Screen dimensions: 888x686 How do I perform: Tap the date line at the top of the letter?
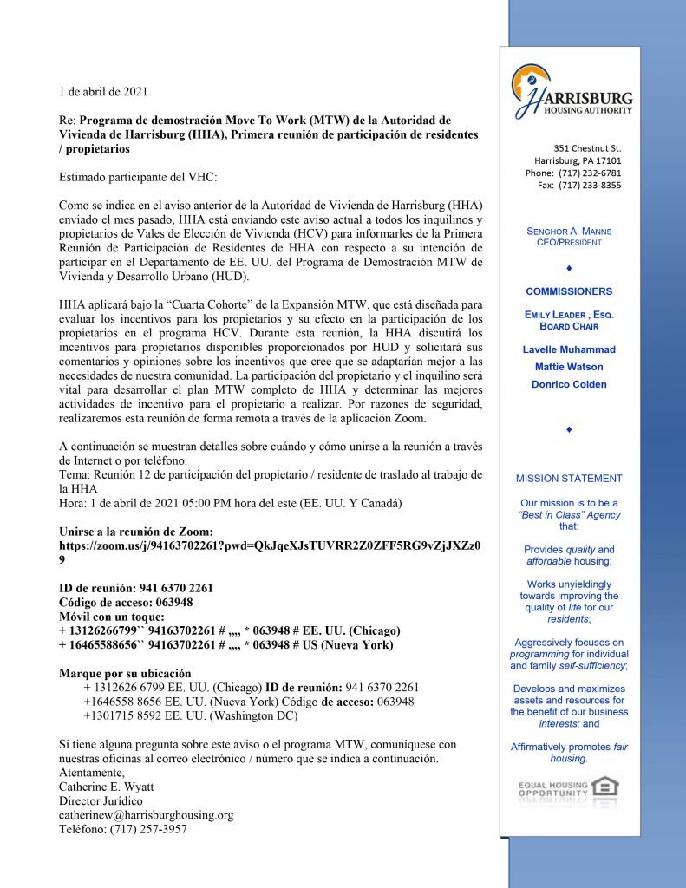click(x=102, y=91)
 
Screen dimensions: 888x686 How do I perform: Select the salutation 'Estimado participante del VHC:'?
click(x=138, y=177)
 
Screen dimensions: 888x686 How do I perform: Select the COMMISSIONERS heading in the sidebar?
click(x=568, y=291)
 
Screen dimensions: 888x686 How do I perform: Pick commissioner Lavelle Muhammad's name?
click(x=569, y=349)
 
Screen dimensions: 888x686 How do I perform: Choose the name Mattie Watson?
click(x=569, y=367)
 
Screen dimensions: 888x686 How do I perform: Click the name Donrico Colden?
click(x=569, y=384)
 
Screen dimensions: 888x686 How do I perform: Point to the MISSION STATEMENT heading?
click(x=569, y=478)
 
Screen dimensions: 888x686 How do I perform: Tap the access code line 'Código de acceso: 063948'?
click(x=126, y=602)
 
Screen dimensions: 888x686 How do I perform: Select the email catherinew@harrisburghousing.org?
click(x=146, y=815)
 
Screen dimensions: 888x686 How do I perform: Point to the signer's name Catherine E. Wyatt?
click(x=108, y=787)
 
